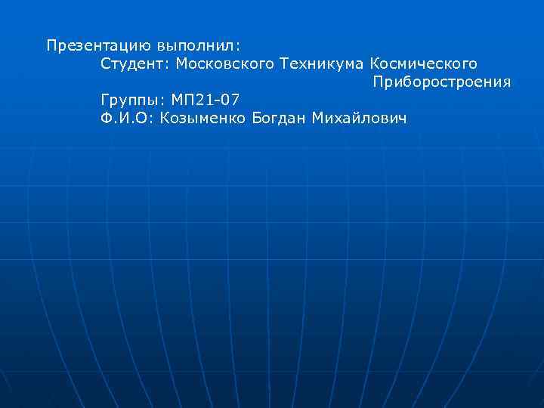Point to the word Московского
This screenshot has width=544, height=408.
224,63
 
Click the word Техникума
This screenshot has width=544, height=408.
322,63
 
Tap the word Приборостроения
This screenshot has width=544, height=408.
442,82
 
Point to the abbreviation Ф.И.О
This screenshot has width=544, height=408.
125,118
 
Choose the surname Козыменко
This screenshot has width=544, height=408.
202,118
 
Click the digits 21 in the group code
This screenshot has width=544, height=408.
206,100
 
